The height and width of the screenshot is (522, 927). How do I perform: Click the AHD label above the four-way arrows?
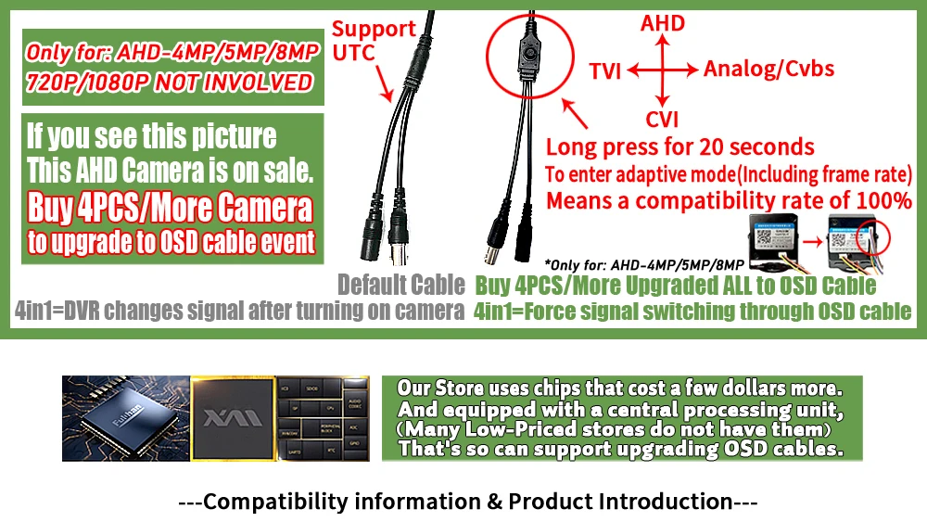click(663, 23)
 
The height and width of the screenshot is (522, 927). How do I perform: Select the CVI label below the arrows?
click(662, 119)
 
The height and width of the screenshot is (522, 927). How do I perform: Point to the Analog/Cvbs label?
click(768, 68)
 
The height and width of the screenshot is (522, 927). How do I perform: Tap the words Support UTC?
click(374, 40)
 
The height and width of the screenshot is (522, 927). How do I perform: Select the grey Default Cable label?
click(400, 285)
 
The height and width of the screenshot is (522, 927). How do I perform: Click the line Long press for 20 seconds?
click(679, 146)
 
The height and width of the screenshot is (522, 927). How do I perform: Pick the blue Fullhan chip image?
click(125, 418)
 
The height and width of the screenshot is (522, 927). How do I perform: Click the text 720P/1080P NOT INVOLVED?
click(169, 82)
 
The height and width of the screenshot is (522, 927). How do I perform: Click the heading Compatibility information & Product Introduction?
click(467, 503)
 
